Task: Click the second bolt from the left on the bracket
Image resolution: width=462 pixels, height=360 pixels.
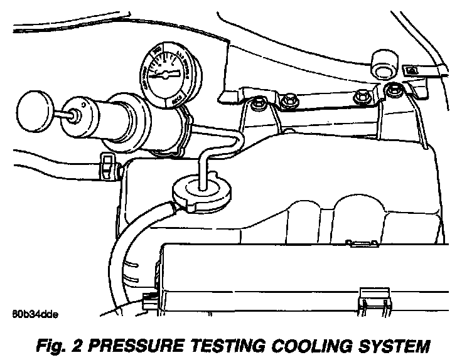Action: [289, 100]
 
